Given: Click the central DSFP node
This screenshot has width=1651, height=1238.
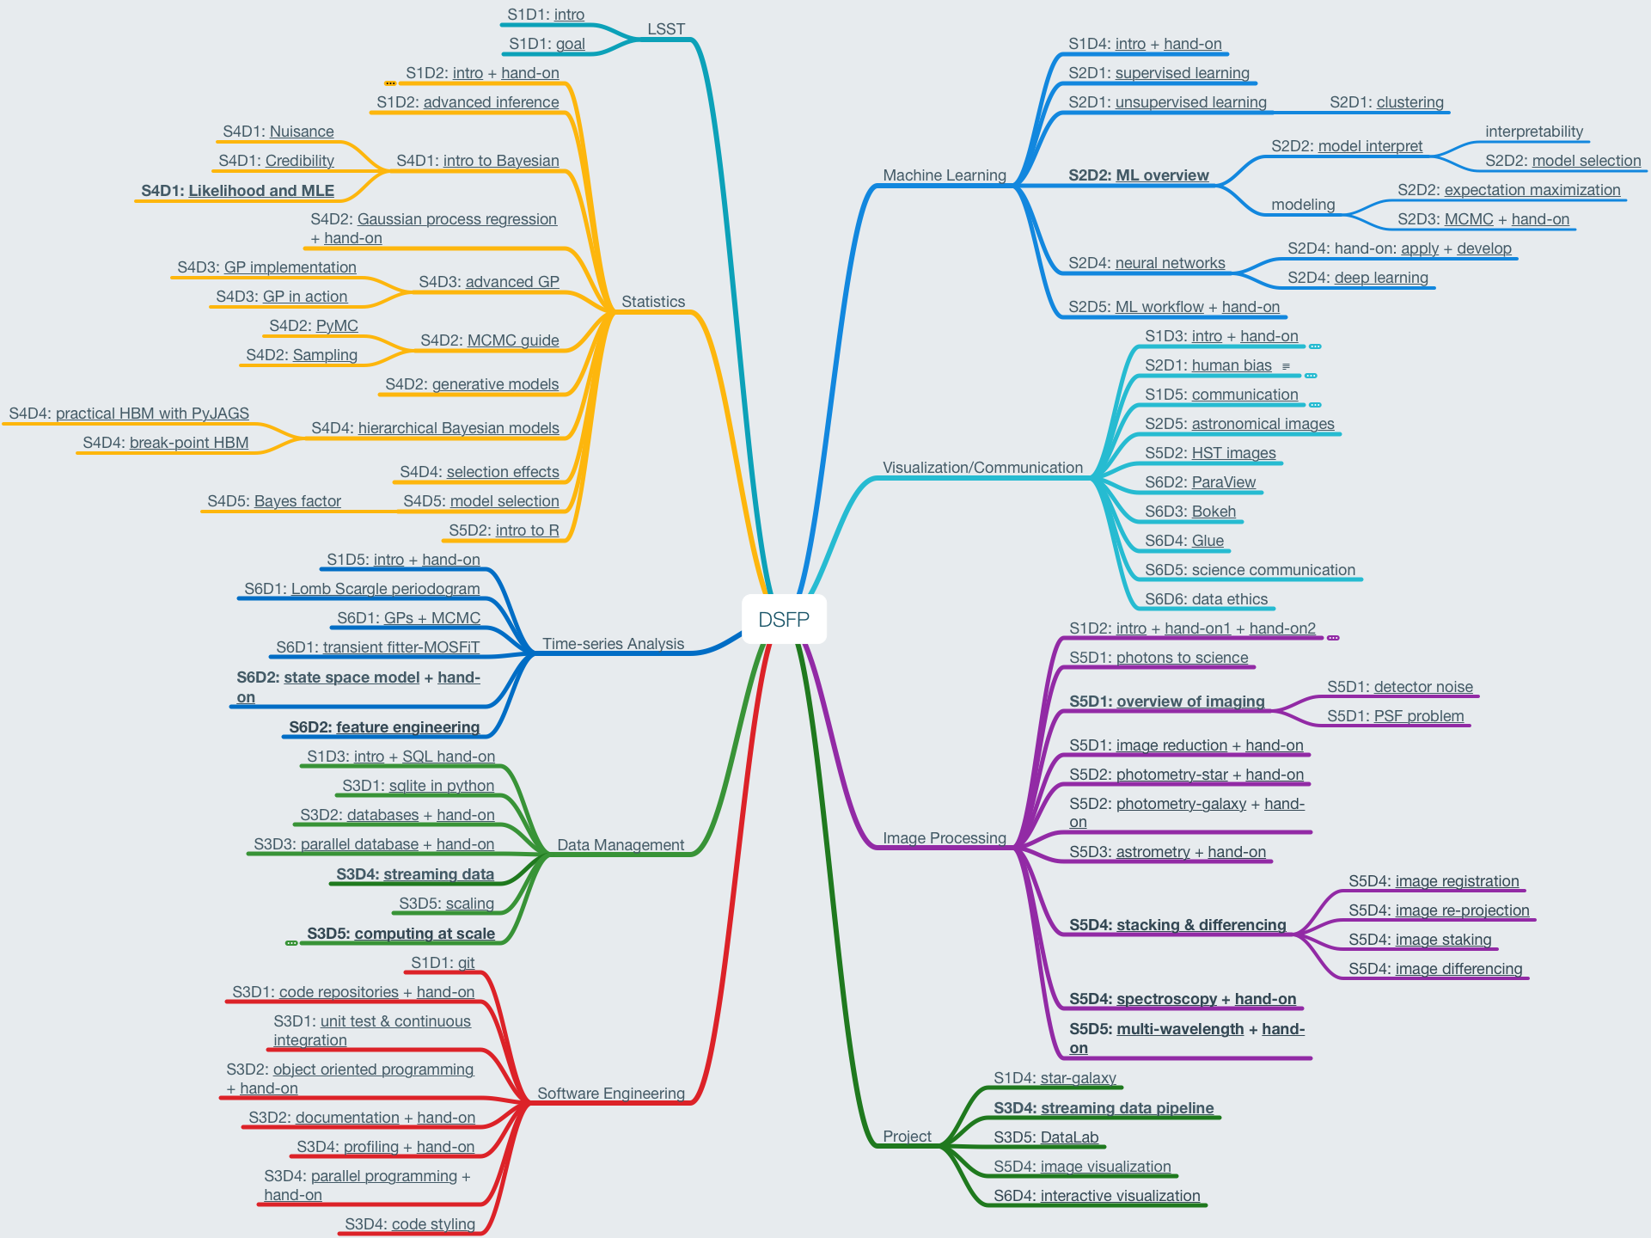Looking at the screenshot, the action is [x=784, y=619].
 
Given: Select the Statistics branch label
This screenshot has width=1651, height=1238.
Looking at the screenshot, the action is [x=653, y=302].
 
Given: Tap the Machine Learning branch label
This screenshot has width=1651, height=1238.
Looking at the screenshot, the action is [x=944, y=175].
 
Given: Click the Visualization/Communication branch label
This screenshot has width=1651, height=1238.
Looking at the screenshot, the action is [x=982, y=468].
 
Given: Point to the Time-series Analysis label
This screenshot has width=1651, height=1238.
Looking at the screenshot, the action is [x=613, y=644].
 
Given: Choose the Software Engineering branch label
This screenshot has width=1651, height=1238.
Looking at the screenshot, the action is [x=610, y=1094].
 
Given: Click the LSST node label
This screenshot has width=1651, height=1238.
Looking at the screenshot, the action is [x=666, y=29].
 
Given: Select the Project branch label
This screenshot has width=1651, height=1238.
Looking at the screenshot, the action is [x=907, y=1137].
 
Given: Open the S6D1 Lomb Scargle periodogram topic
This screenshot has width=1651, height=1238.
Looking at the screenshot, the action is [x=362, y=589].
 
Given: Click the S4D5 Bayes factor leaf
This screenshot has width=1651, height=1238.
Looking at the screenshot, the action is [x=274, y=501].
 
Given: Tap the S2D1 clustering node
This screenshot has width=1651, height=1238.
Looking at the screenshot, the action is [x=1386, y=102].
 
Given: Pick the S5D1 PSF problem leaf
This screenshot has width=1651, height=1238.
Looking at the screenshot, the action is [x=1395, y=716].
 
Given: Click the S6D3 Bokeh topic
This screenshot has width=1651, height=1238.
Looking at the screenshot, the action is [x=1190, y=512].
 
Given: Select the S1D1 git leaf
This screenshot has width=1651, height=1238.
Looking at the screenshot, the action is [x=443, y=963].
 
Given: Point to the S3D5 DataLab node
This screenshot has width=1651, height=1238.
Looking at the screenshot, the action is [x=1046, y=1137].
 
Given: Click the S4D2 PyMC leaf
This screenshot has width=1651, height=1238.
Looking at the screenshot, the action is [x=314, y=326].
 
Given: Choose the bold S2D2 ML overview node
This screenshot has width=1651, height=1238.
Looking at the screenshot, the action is [x=1138, y=175].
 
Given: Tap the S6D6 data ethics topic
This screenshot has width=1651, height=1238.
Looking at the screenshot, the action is [x=1206, y=599].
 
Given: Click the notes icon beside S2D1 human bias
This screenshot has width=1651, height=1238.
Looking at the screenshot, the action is [x=1286, y=366].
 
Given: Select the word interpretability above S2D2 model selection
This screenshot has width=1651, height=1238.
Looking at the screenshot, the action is [x=1533, y=132].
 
